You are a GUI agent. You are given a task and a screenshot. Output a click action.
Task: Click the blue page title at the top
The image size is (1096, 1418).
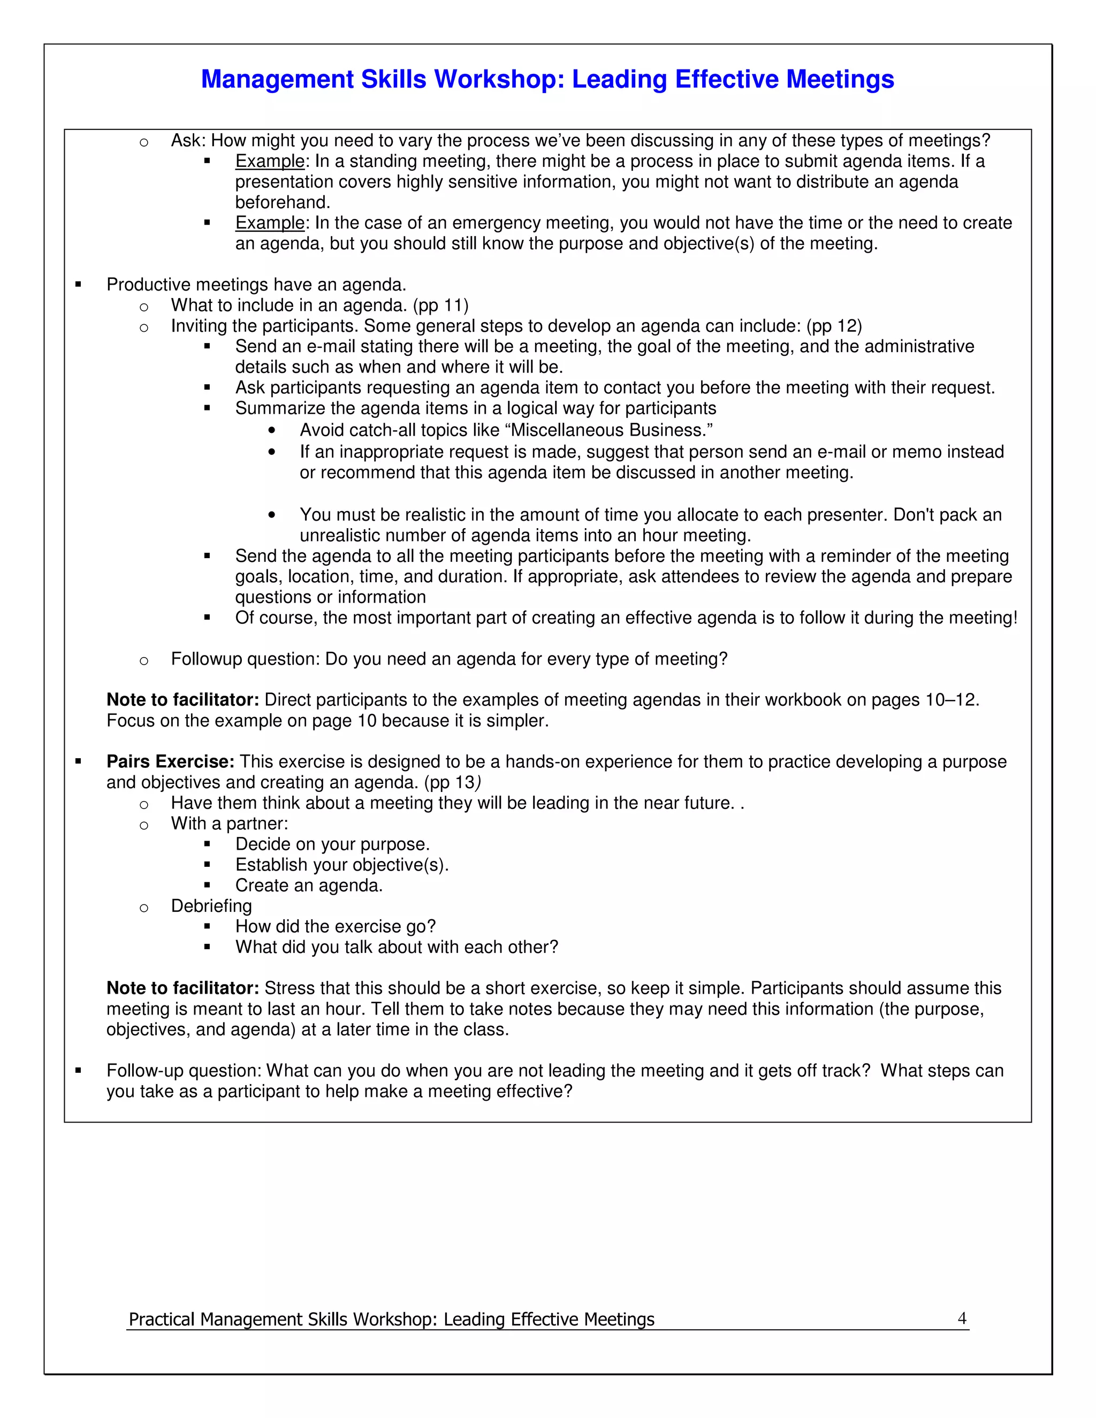tap(547, 79)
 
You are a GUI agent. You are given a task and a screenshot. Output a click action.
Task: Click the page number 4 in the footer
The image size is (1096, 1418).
tap(962, 1318)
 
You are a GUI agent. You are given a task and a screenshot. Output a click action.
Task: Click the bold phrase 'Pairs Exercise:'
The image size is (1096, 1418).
tap(170, 761)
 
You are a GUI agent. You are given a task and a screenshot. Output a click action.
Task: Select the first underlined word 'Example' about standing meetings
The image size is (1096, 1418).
tap(270, 161)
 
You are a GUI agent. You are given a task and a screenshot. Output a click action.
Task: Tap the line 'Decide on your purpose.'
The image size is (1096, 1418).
tap(332, 844)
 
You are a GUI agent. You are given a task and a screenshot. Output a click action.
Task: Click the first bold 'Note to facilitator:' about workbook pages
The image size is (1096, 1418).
tap(182, 700)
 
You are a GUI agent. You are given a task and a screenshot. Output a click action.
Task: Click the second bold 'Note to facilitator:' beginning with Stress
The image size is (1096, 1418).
tap(182, 988)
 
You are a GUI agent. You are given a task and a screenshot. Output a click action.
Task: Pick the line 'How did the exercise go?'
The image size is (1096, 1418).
tap(335, 926)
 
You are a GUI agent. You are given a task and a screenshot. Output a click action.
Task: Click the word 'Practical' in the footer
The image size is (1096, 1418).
tap(161, 1320)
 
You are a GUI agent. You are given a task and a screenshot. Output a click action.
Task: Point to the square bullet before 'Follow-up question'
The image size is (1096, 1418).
tap(79, 1071)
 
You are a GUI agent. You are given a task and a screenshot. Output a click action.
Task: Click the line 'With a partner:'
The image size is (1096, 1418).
tap(229, 824)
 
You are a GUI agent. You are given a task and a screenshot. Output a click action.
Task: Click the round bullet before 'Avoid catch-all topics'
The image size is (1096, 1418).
tap(271, 430)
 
